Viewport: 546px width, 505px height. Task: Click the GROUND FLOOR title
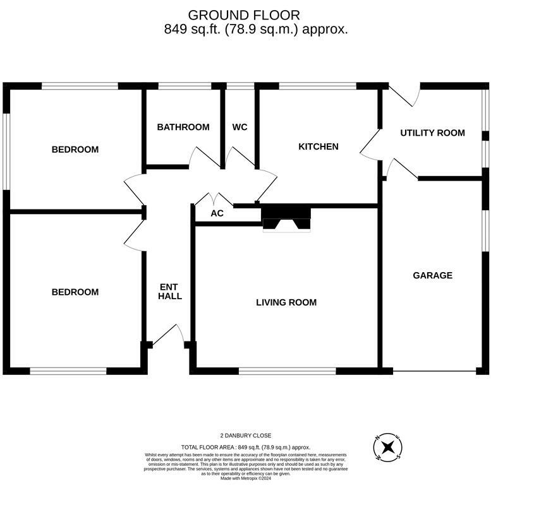tap(244, 15)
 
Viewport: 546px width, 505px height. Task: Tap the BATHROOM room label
tap(183, 128)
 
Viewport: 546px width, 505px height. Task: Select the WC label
tap(240, 128)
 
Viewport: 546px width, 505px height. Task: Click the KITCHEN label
tap(318, 146)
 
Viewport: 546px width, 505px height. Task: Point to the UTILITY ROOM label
tap(432, 133)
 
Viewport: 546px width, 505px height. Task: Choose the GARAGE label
tap(432, 275)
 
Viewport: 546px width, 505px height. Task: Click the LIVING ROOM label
tap(286, 302)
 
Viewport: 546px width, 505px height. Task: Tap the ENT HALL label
tap(170, 291)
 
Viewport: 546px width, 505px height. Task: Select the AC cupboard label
tap(217, 213)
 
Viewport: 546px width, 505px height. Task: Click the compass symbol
tap(387, 448)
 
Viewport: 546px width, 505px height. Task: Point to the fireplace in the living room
tap(286, 218)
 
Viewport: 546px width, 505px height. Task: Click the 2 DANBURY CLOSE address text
tap(246, 436)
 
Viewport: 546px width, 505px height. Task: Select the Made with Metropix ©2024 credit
tap(246, 478)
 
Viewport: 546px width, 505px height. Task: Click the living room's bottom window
tap(287, 371)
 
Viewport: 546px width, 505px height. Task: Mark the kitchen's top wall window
tap(317, 86)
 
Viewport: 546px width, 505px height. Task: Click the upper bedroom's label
tap(75, 150)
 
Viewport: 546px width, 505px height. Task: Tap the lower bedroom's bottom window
tap(68, 371)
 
